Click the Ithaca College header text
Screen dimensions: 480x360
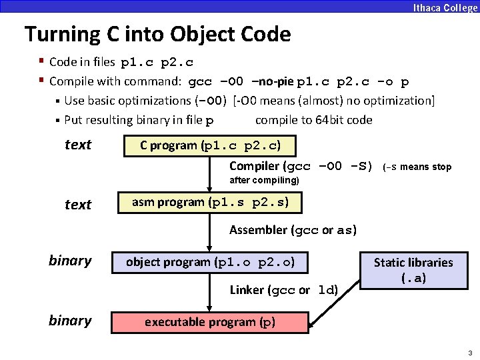tap(445, 8)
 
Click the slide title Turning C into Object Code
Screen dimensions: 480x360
tap(157, 34)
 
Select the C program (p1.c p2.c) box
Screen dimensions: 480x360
tap(209, 145)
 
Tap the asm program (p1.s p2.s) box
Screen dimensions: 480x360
tap(209, 202)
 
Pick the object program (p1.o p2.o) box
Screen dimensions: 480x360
tap(210, 262)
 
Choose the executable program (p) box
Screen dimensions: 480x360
tap(209, 322)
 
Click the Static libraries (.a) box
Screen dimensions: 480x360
tap(413, 270)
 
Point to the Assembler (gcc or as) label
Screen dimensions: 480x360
tap(293, 231)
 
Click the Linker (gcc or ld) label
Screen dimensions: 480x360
tap(284, 290)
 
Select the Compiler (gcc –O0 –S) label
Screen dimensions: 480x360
tap(301, 167)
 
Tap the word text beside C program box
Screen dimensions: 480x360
tap(78, 145)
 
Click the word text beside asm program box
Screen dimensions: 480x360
tap(78, 205)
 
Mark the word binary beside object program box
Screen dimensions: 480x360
tap(70, 261)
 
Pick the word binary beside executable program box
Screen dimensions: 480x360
tap(70, 321)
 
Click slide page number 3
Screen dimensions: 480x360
tap(470, 353)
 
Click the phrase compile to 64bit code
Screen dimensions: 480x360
tap(313, 121)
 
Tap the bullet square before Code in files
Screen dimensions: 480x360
tap(41, 62)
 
